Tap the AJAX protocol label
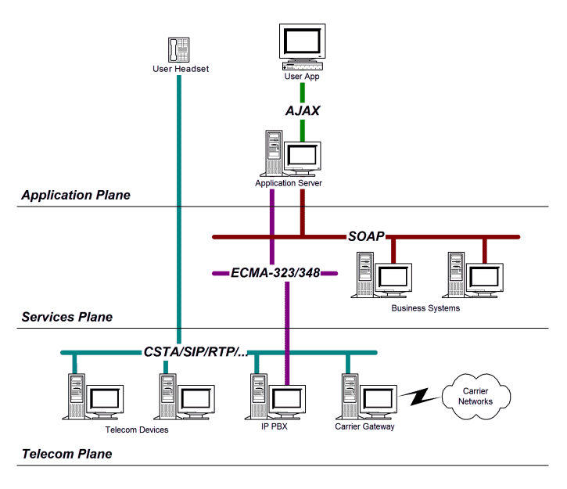click(302, 111)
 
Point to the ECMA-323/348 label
click(275, 274)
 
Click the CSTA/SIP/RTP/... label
click(198, 353)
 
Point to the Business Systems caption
click(425, 307)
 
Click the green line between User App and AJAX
click(302, 89)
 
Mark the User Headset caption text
click(181, 68)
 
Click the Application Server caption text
click(289, 183)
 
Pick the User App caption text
click(302, 77)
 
